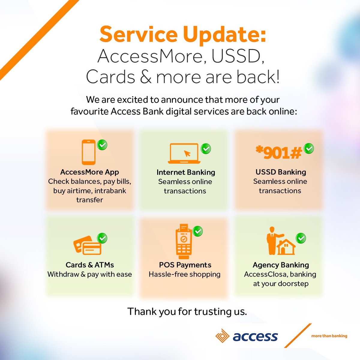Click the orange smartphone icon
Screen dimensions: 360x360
pos(89,152)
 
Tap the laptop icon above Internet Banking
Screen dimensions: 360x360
pos(184,153)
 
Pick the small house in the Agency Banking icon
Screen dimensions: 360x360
pos(286,247)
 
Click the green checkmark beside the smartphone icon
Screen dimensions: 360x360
pos(102,145)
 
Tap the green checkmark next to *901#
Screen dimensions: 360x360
pos(309,148)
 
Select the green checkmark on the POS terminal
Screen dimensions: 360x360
pos(198,231)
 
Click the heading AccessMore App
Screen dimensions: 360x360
pos(89,172)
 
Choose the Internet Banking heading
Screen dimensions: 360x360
pos(186,172)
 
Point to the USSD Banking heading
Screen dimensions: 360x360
pos(281,172)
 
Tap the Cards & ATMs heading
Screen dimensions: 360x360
pos(90,265)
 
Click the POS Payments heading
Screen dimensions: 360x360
pos(185,265)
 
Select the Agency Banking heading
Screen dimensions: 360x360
pos(281,265)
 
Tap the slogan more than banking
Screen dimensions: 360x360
pos(329,336)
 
